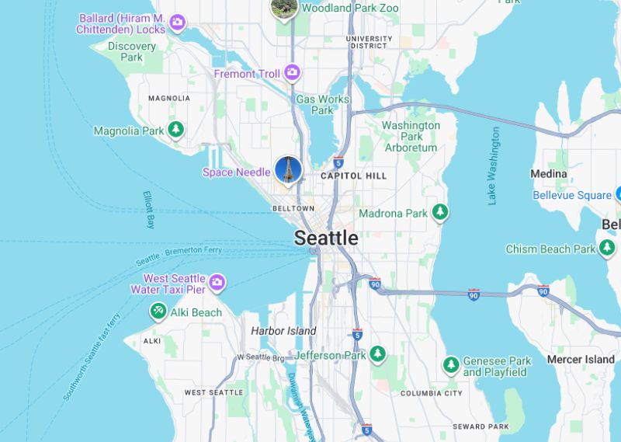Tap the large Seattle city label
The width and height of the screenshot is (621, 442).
point(326,238)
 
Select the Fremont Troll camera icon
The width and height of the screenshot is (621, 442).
point(292,73)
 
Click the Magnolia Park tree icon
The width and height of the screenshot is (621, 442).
point(176,130)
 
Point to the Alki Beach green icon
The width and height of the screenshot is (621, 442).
point(158,311)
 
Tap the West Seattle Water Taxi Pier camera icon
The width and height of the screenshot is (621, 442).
point(217,281)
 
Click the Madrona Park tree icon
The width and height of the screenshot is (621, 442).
point(440,212)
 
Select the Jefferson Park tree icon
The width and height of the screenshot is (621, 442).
point(377,354)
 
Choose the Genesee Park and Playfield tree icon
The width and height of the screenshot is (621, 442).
point(450,365)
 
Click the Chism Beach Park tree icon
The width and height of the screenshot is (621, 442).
point(608,249)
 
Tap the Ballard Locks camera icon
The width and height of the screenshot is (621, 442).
point(178,23)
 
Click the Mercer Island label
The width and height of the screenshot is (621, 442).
point(581,359)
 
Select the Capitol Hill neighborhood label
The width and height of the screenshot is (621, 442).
point(353,176)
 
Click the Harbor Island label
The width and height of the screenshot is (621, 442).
point(283,331)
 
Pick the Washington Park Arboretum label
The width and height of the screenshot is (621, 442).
point(411,136)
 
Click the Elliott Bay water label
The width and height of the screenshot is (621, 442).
point(150,210)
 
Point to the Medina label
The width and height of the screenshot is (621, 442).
point(548,174)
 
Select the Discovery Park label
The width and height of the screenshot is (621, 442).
point(132,51)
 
